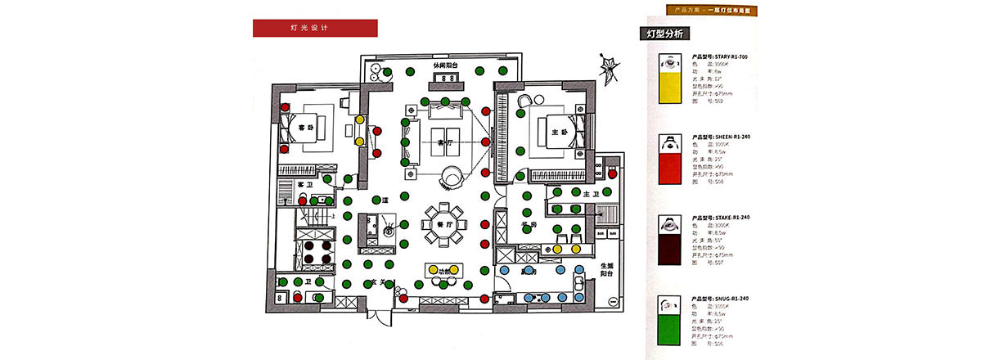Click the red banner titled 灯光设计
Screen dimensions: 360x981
[x=315, y=28]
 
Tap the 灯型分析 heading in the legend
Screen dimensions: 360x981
[x=664, y=34]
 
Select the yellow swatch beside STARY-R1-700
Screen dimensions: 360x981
[x=671, y=85]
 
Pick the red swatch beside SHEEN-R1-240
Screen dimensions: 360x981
[x=671, y=167]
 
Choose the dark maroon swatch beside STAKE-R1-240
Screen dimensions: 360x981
[x=671, y=246]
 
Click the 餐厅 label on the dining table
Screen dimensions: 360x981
[x=444, y=223]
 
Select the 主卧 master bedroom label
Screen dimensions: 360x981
[x=560, y=132]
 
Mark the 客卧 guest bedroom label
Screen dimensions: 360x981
[x=305, y=128]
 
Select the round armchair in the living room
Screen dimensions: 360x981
[x=452, y=175]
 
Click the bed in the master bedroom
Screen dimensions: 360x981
[x=559, y=133]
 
